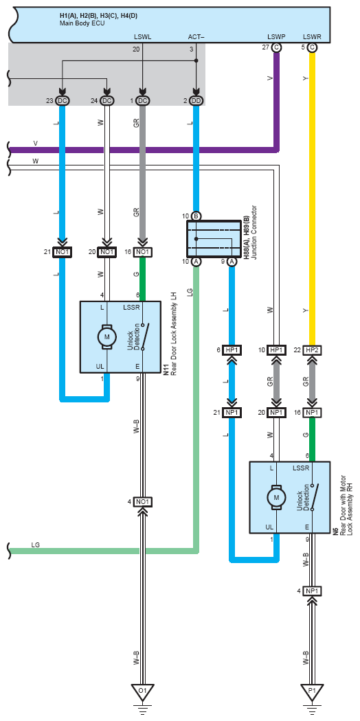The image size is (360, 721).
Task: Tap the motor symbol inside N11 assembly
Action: [x=106, y=336]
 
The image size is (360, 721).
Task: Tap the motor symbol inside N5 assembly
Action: [x=276, y=496]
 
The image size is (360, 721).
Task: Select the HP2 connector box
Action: [x=312, y=350]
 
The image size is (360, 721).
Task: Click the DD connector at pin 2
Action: [x=196, y=101]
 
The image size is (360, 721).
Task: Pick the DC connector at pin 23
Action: [x=62, y=101]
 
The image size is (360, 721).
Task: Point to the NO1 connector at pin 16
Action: [x=142, y=252]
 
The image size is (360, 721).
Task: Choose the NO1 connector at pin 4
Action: [x=142, y=501]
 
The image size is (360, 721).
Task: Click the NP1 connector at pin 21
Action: [x=232, y=413]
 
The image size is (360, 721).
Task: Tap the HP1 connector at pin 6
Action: [x=232, y=350]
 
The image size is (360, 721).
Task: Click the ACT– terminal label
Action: [x=196, y=36]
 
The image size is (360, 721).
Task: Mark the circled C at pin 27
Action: [x=276, y=47]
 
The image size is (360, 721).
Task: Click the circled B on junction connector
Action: [x=196, y=216]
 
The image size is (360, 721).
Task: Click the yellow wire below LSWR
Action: [x=312, y=198]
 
